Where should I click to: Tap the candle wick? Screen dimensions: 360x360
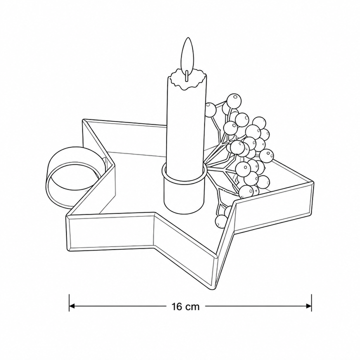(x=187, y=76)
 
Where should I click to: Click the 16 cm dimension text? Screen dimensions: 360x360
(x=185, y=306)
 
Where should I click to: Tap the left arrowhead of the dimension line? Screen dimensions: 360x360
(x=72, y=306)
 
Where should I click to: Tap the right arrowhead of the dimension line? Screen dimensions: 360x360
(x=308, y=306)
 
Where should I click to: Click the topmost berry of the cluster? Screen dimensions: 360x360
(x=233, y=100)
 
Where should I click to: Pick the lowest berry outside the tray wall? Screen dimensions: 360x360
(x=221, y=221)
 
